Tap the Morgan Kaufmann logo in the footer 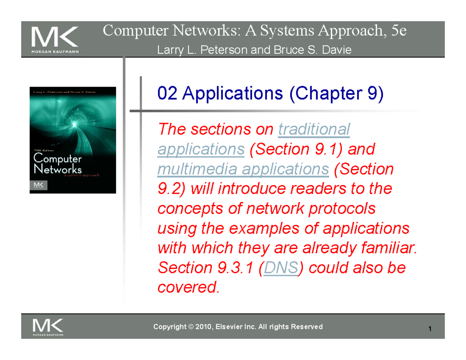pyautogui.click(x=49, y=327)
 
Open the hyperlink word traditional pyautogui.click(x=314, y=129)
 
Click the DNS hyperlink pyautogui.click(x=280, y=268)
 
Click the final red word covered pyautogui.click(x=188, y=287)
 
